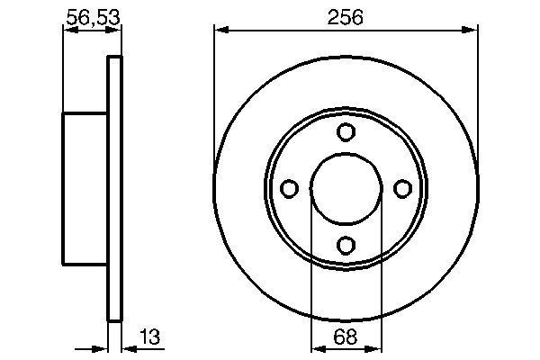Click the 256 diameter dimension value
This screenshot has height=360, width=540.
346,16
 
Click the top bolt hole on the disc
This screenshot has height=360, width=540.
346,132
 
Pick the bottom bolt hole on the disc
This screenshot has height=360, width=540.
346,244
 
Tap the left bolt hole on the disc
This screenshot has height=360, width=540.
290,188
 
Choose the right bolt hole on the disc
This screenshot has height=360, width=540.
402,188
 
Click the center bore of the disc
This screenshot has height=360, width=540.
346,188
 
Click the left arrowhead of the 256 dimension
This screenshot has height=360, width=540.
220,32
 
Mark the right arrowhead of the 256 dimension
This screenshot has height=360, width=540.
472,32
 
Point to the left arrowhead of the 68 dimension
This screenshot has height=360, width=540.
316,349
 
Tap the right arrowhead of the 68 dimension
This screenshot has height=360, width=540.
375,349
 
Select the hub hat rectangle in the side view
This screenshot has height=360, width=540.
85,189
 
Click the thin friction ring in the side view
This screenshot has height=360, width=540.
113,189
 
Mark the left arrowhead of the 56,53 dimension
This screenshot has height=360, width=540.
67,32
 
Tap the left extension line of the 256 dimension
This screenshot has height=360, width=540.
213,90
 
